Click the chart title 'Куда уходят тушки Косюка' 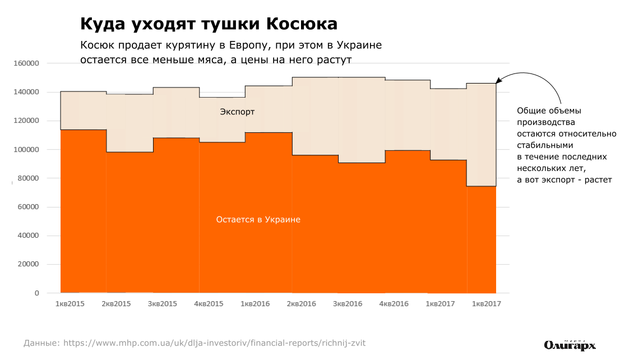pyautogui.click(x=209, y=24)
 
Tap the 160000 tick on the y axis pyautogui.click(x=26, y=63)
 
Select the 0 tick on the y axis pyautogui.click(x=36, y=293)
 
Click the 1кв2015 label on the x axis pyautogui.click(x=70, y=304)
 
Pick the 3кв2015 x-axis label pyautogui.click(x=162, y=304)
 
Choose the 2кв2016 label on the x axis pyautogui.click(x=301, y=304)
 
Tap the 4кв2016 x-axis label pyautogui.click(x=394, y=304)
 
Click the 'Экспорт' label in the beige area pyautogui.click(x=237, y=112)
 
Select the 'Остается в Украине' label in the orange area pyautogui.click(x=258, y=220)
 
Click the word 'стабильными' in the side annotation pyautogui.click(x=541, y=144)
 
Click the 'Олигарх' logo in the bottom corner pyautogui.click(x=570, y=345)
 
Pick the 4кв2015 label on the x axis pyautogui.click(x=209, y=304)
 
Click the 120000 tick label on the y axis pyautogui.click(x=26, y=121)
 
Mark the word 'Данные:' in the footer pyautogui.click(x=41, y=343)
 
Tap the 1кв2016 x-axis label pyautogui.click(x=255, y=304)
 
